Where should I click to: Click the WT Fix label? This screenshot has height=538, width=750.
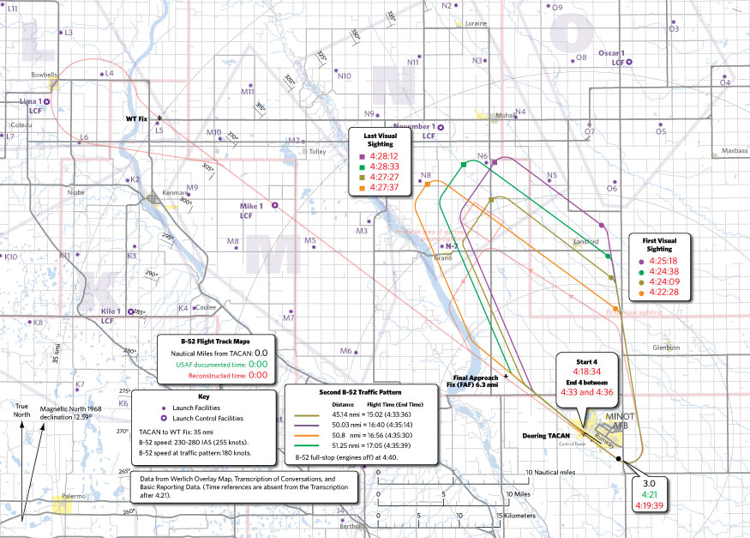click(137, 118)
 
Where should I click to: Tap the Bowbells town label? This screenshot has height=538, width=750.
click(44, 75)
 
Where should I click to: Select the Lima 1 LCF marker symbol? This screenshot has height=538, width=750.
click(46, 102)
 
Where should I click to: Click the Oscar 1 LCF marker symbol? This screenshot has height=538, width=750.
click(630, 63)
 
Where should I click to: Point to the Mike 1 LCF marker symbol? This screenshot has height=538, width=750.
click(274, 206)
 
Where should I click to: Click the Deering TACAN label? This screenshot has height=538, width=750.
click(546, 436)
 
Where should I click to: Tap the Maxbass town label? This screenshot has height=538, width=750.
click(735, 150)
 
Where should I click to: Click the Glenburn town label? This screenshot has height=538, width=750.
click(665, 348)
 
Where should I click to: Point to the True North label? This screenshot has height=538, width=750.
click(27, 411)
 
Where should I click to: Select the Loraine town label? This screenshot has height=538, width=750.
click(476, 24)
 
